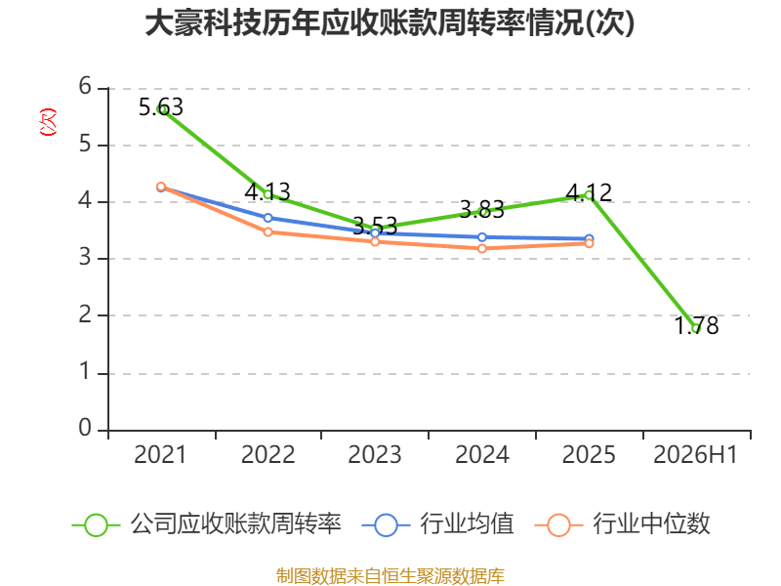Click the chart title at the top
(x=390, y=23)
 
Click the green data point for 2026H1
(x=696, y=328)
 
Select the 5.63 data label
(x=161, y=107)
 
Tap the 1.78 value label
(x=696, y=326)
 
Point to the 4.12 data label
(x=590, y=192)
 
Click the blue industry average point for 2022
(x=267, y=218)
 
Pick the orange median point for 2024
(x=482, y=248)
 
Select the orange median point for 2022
(x=267, y=231)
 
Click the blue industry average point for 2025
(x=590, y=238)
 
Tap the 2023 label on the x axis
(x=375, y=454)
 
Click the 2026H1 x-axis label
(x=695, y=454)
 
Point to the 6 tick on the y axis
(x=85, y=86)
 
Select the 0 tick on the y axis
(x=85, y=428)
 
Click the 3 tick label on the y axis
(x=85, y=257)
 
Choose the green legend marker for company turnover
(x=96, y=525)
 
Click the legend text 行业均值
(x=467, y=523)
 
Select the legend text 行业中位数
(x=651, y=523)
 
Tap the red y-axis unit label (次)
(x=48, y=122)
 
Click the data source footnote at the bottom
(x=390, y=575)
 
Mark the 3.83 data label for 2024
(x=482, y=210)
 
